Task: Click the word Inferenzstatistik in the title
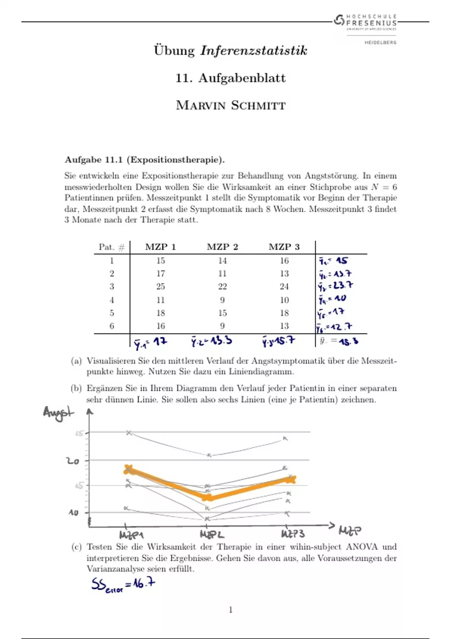coord(254,50)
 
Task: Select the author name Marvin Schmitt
coord(230,105)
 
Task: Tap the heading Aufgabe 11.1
coord(145,160)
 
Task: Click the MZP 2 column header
coord(222,247)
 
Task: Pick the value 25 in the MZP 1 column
coord(160,286)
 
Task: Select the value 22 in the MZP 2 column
coord(222,286)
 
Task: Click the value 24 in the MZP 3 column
coord(284,286)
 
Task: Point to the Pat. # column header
coord(112,247)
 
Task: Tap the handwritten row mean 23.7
coord(336,286)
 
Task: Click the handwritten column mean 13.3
coord(212,341)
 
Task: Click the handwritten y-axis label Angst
coord(58,413)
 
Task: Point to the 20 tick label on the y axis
coord(73,461)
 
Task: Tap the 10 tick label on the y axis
coord(73,512)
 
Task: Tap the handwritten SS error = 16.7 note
coord(123,585)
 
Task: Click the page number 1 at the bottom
coord(230,610)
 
